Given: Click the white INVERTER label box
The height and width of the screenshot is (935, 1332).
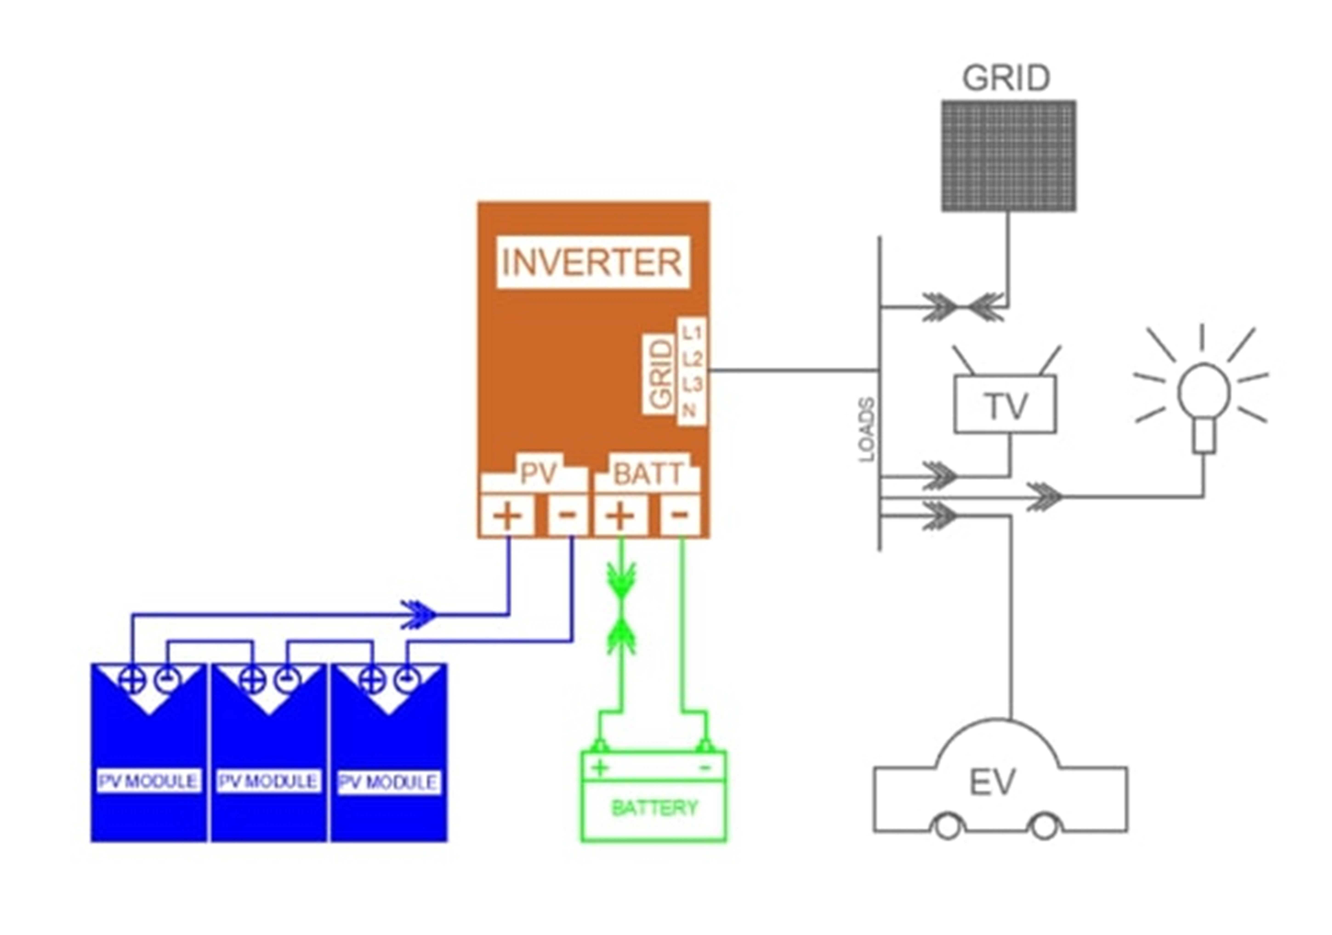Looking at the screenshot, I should point(592,262).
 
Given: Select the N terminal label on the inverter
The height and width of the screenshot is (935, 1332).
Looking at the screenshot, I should point(689,411).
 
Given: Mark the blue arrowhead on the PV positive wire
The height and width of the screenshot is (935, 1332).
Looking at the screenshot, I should point(419,614).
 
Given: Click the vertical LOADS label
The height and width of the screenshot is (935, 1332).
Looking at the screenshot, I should point(866,429).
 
